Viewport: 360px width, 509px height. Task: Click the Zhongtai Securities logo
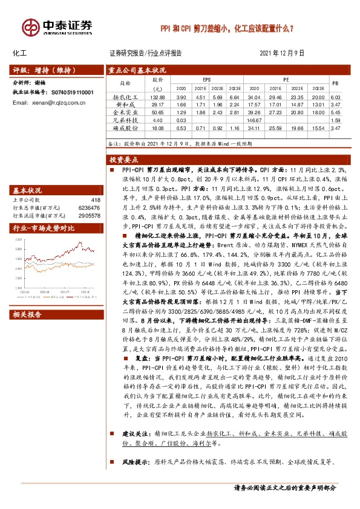click(57, 27)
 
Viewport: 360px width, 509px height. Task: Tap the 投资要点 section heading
click(124, 160)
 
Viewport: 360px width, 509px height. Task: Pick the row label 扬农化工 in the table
click(126, 97)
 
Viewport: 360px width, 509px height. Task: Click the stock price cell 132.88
click(158, 97)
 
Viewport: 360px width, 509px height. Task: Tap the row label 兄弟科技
click(126, 120)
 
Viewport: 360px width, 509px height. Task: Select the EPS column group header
click(207, 79)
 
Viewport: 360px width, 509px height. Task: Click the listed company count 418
click(94, 199)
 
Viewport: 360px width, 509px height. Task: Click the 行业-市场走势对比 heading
click(44, 228)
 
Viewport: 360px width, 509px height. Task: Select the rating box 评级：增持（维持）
click(44, 70)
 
